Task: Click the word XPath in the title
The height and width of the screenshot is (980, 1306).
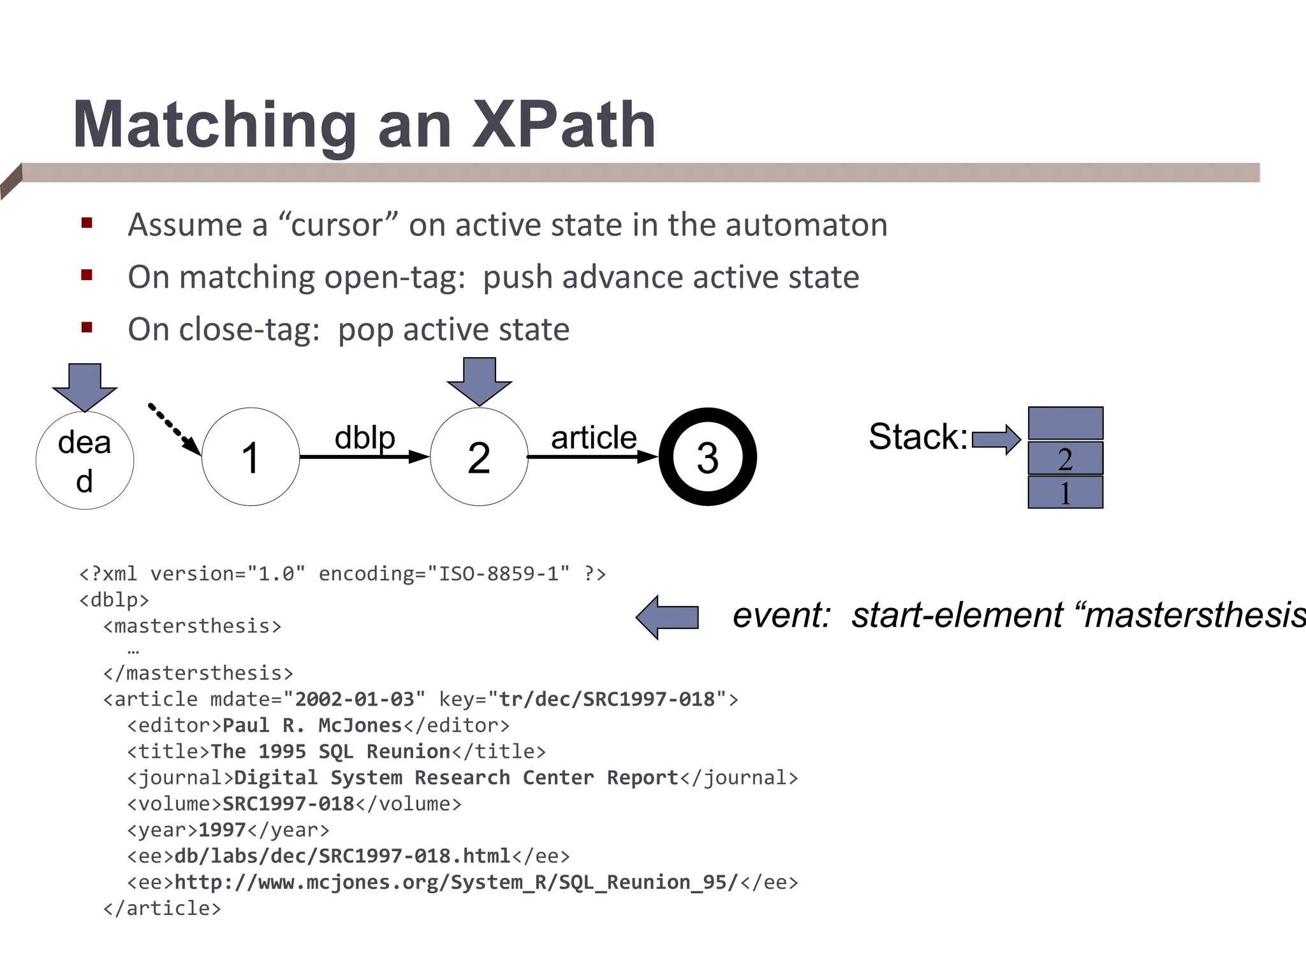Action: click(564, 125)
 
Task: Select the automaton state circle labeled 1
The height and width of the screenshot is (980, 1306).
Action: click(251, 457)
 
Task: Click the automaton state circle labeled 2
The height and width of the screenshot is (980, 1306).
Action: click(479, 457)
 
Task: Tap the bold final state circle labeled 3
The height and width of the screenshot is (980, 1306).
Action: click(707, 457)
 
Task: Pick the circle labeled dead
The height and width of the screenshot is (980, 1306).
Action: click(85, 461)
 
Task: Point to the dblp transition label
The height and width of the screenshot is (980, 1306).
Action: click(365, 438)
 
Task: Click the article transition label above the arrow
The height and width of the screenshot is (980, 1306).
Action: click(593, 438)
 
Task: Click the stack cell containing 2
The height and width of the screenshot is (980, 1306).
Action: click(1065, 458)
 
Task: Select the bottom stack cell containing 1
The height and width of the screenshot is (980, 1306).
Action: click(1065, 493)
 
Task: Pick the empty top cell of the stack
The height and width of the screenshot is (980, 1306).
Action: click(1065, 423)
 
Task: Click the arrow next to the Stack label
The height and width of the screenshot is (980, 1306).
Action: click(996, 439)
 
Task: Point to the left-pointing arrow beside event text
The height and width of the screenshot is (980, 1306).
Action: click(668, 617)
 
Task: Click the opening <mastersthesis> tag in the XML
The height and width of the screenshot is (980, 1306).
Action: click(192, 626)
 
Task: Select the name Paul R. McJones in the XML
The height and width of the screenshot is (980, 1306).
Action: click(312, 725)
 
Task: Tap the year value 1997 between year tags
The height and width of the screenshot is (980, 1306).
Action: click(222, 830)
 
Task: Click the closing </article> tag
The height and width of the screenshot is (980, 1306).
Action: click(162, 909)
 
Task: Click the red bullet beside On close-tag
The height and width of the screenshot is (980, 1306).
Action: click(87, 328)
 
